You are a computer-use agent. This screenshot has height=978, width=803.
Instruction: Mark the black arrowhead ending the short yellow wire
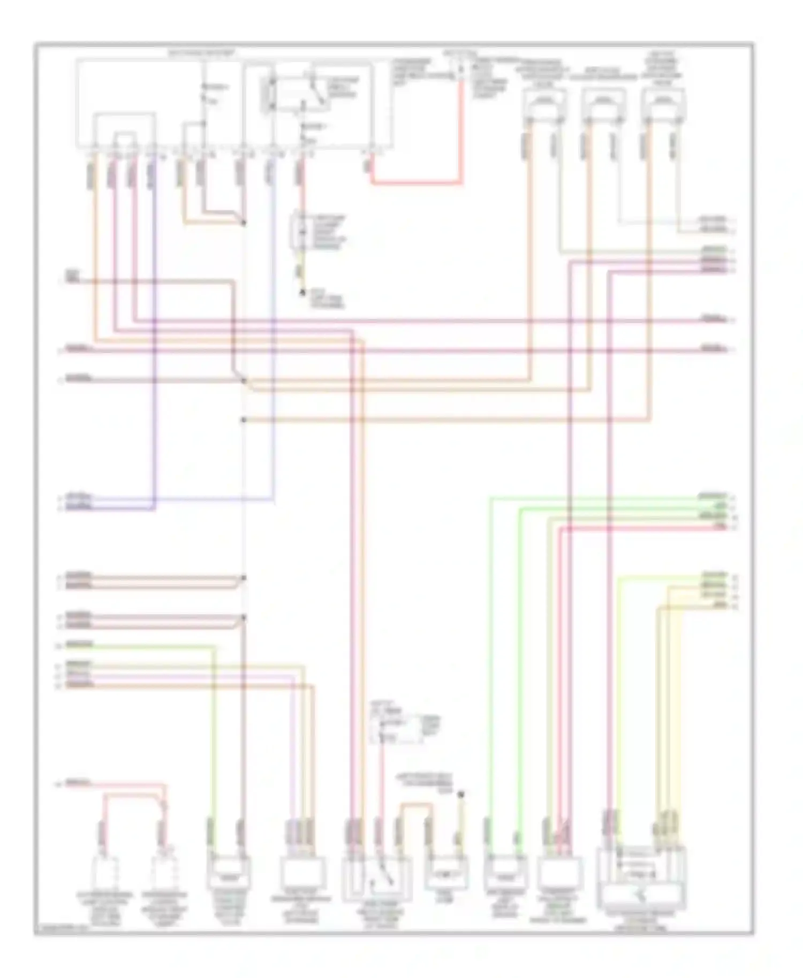301,292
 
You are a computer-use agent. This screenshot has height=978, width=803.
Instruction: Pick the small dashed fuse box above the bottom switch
395,728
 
